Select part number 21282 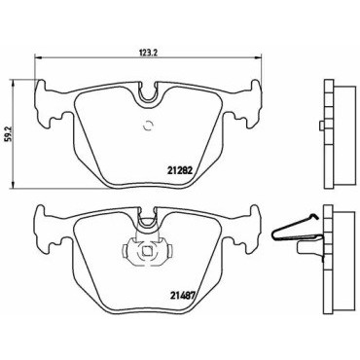[x=180, y=170]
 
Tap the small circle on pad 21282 [x=148, y=126]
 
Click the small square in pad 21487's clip [x=148, y=251]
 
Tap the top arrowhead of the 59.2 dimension [x=14, y=83]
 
